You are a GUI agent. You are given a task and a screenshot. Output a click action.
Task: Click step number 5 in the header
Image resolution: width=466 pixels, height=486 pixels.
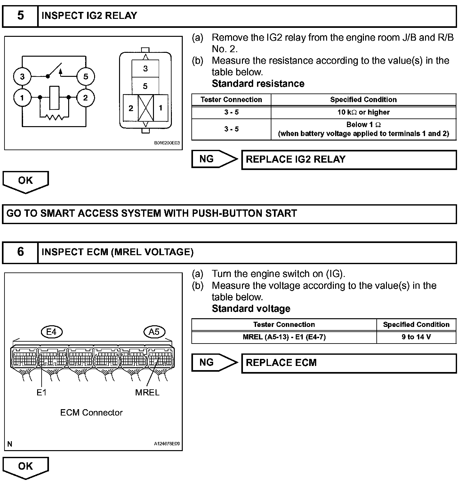[x=20, y=15]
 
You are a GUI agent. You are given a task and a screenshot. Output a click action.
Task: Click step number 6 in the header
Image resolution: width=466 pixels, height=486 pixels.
[x=20, y=252]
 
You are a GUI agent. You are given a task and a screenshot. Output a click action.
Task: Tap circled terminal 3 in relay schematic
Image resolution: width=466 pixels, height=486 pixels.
[x=22, y=77]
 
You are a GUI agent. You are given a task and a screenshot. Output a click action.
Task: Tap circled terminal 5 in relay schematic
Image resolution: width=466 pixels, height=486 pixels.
[x=85, y=77]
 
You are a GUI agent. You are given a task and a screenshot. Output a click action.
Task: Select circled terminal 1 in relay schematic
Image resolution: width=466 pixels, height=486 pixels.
[x=22, y=98]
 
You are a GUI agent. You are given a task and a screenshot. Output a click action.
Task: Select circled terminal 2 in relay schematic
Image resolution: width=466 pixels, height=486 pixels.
[x=85, y=98]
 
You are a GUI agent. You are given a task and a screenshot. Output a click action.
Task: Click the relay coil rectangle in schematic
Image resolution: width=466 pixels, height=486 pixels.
[x=54, y=98]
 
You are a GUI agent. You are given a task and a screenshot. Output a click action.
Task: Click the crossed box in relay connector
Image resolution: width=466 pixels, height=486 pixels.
[x=146, y=108]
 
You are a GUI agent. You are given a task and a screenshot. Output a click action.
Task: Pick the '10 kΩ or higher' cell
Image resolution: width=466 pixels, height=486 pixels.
[x=363, y=112]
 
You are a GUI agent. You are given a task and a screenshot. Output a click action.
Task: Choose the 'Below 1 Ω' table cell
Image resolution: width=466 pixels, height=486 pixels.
[x=363, y=129]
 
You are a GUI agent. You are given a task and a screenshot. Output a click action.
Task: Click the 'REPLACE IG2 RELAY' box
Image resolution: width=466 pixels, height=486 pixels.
[x=349, y=159]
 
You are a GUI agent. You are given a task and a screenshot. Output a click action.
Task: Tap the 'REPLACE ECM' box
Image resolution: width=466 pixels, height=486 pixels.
[x=349, y=363]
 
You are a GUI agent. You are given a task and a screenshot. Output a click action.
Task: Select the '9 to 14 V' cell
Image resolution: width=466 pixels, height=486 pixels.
[x=416, y=337]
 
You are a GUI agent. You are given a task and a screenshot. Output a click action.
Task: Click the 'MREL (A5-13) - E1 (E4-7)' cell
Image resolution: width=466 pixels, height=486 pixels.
[x=284, y=337]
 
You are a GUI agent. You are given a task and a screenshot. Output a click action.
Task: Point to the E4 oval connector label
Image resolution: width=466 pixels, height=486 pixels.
[x=52, y=332]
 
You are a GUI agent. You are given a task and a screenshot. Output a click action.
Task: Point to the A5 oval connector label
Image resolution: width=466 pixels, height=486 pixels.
[x=154, y=332]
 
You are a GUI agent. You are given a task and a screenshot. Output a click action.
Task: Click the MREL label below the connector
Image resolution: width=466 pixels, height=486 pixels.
[x=147, y=393]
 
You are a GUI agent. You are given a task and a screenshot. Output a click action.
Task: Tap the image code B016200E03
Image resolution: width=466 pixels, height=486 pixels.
[x=167, y=143]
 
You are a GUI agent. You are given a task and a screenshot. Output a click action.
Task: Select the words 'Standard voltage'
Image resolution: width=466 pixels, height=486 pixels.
[x=251, y=309]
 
